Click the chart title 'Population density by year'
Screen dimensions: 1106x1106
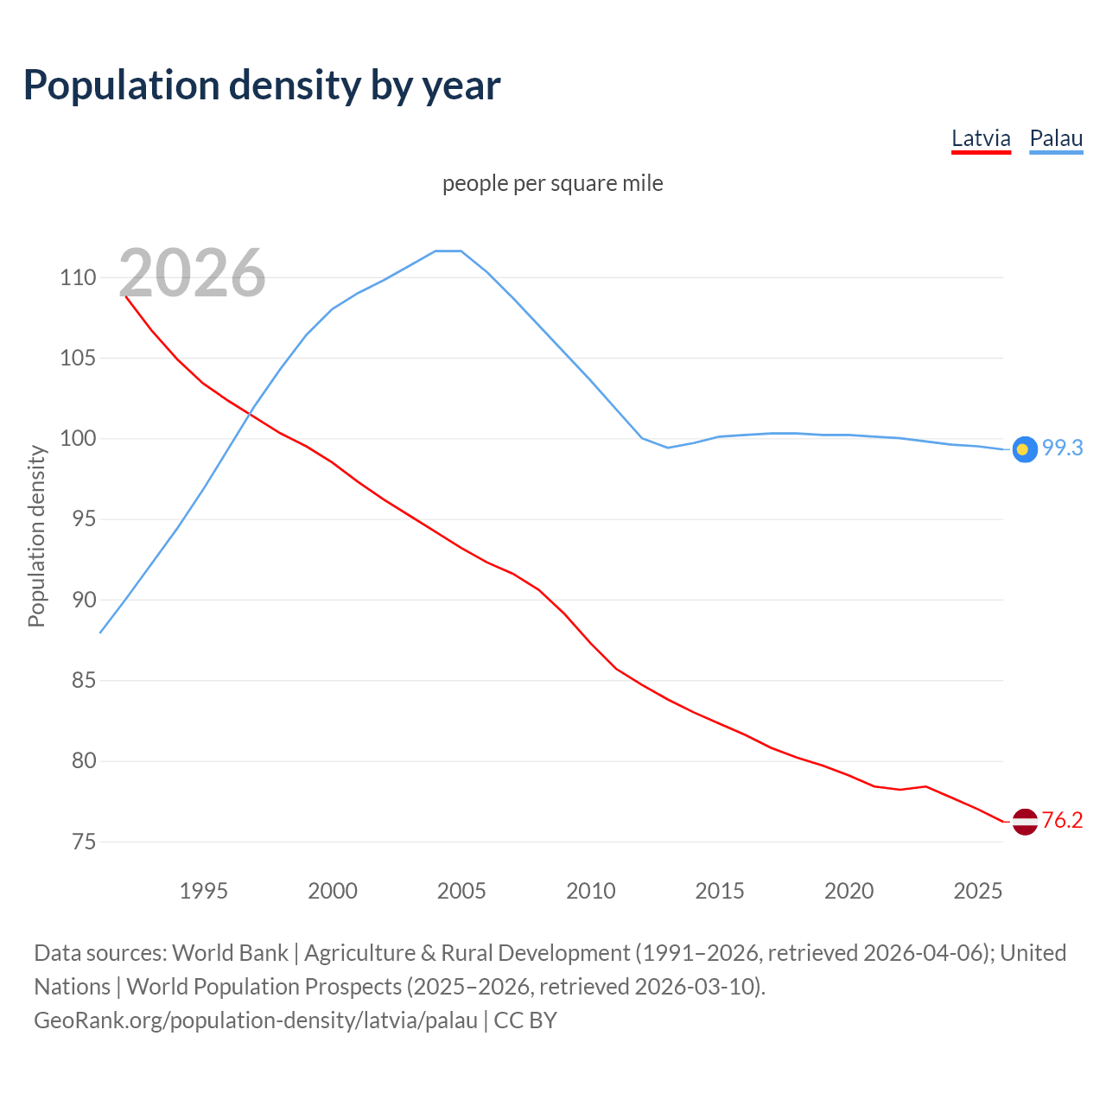262,85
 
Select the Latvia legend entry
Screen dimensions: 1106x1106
981,138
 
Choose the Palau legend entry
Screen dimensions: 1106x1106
1056,138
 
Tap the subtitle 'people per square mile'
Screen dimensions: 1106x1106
552,183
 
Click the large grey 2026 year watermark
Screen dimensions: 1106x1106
192,273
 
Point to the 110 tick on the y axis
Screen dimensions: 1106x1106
78,277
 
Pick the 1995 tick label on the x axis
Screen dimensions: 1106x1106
203,891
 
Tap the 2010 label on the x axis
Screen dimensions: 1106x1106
590,891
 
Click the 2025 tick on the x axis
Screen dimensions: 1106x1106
977,891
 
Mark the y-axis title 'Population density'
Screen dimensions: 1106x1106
36,536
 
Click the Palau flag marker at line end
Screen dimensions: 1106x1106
1024,449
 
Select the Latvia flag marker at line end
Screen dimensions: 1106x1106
1024,821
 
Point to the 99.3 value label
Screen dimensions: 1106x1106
1062,448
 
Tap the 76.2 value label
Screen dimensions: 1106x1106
1062,820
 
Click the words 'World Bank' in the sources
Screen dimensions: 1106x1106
230,952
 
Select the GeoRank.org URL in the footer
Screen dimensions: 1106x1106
256,1020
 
